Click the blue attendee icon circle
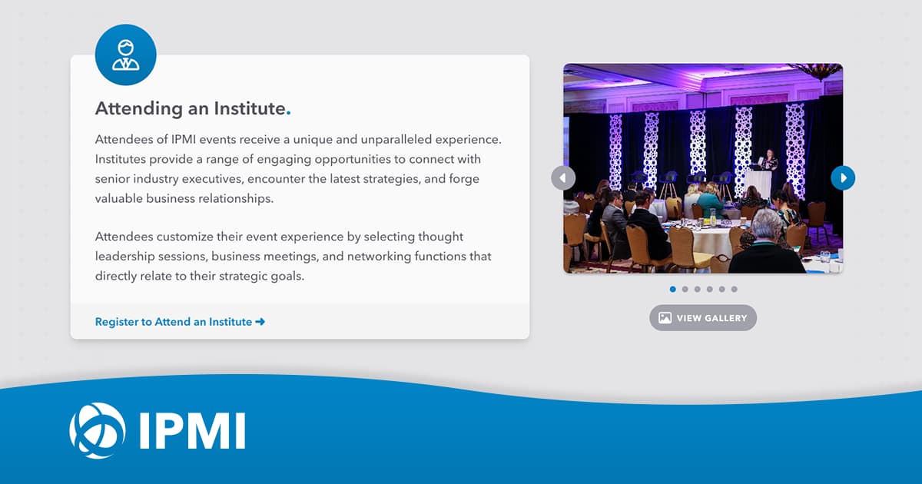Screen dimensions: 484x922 coord(125,55)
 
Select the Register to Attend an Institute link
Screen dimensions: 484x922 coord(174,322)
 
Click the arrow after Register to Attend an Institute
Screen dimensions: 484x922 coord(260,322)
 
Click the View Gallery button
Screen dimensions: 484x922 coord(703,318)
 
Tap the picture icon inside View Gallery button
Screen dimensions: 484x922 coord(665,318)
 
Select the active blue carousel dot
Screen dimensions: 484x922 coord(673,290)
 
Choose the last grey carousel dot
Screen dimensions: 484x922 coord(734,290)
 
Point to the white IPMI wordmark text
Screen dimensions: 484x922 coord(192,431)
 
